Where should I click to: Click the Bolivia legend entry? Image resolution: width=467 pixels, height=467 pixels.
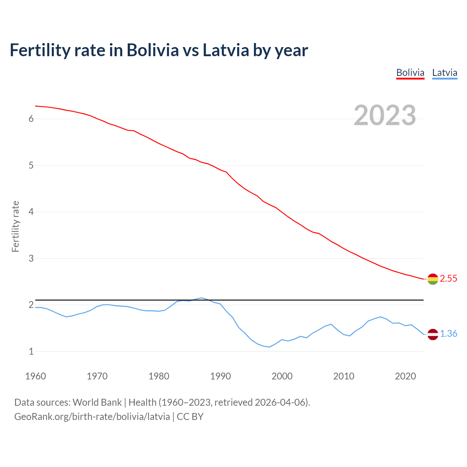click(410, 73)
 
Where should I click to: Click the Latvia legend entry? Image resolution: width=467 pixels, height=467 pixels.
click(444, 73)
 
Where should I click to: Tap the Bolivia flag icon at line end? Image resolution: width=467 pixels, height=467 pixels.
click(433, 279)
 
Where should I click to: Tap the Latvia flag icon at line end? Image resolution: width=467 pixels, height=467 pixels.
click(433, 334)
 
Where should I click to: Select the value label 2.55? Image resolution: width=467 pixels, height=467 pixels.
click(448, 279)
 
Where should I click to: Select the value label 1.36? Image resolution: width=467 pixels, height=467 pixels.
click(448, 334)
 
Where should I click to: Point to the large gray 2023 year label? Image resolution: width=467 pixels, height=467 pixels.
click(385, 115)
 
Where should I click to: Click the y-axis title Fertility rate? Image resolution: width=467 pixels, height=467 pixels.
click(15, 226)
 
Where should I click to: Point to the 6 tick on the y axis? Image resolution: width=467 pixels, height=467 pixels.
click(31, 119)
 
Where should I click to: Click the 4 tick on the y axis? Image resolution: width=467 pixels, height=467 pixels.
click(31, 212)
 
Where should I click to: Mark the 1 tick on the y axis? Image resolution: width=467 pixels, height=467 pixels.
click(31, 352)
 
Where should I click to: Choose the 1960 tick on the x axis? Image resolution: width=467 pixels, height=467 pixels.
click(35, 376)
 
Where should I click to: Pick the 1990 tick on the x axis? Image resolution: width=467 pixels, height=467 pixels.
click(220, 376)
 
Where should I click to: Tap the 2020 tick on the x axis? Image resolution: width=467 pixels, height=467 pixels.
click(405, 376)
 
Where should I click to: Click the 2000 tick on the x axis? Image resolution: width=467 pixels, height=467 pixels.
click(282, 376)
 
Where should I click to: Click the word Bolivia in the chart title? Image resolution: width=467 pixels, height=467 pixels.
click(153, 50)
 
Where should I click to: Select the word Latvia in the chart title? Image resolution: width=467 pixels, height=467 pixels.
click(226, 50)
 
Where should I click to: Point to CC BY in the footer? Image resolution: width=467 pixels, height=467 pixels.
click(190, 417)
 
